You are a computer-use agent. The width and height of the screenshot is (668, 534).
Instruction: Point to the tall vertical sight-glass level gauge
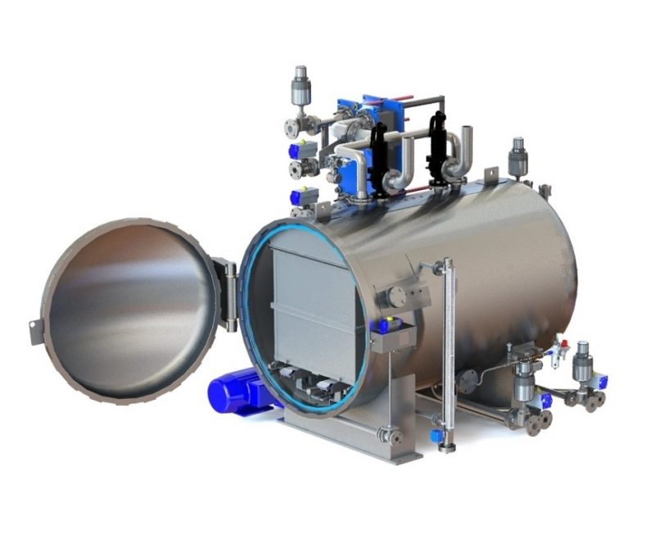[448, 352]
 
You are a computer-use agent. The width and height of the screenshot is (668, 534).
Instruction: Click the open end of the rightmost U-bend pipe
[467, 134]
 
